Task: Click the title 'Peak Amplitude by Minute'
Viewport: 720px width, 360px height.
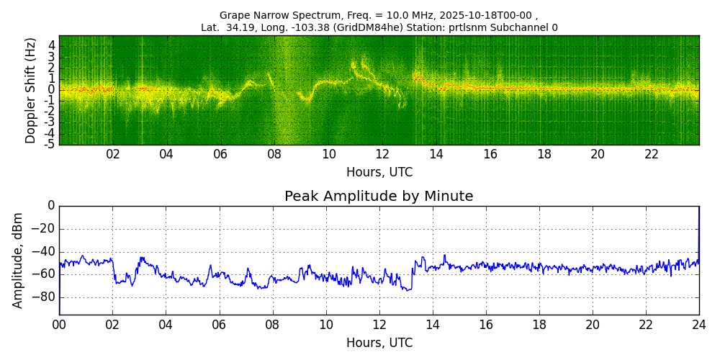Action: point(379,197)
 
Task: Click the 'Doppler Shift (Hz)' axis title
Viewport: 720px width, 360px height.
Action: point(31,91)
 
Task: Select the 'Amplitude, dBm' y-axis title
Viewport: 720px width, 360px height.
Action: point(18,260)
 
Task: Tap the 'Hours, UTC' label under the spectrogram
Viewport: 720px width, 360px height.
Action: point(379,173)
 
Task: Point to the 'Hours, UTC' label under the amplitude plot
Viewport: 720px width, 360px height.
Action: point(379,343)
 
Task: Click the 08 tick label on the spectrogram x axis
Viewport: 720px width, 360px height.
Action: point(274,155)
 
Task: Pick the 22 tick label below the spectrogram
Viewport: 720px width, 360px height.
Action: point(652,155)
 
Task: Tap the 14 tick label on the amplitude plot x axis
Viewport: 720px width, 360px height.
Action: point(433,325)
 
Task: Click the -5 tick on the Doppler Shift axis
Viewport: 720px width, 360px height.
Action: point(50,144)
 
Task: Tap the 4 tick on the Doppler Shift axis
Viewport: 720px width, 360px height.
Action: point(52,45)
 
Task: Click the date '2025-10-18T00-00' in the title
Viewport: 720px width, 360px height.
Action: point(486,15)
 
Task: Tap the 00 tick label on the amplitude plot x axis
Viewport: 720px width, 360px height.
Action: point(59,325)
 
